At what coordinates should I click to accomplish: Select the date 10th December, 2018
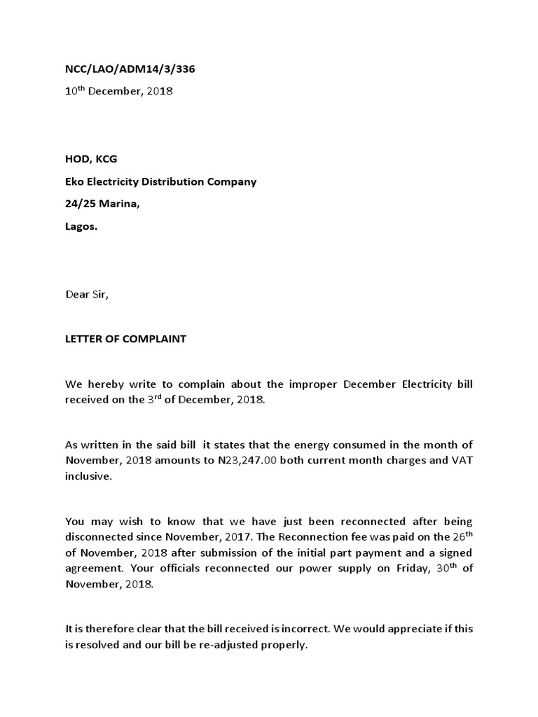pos(118,91)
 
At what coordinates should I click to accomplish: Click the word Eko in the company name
pos(75,181)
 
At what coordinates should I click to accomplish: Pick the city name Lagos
pos(81,227)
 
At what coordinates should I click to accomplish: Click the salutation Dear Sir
pos(88,294)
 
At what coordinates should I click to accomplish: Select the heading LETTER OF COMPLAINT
pos(126,339)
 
